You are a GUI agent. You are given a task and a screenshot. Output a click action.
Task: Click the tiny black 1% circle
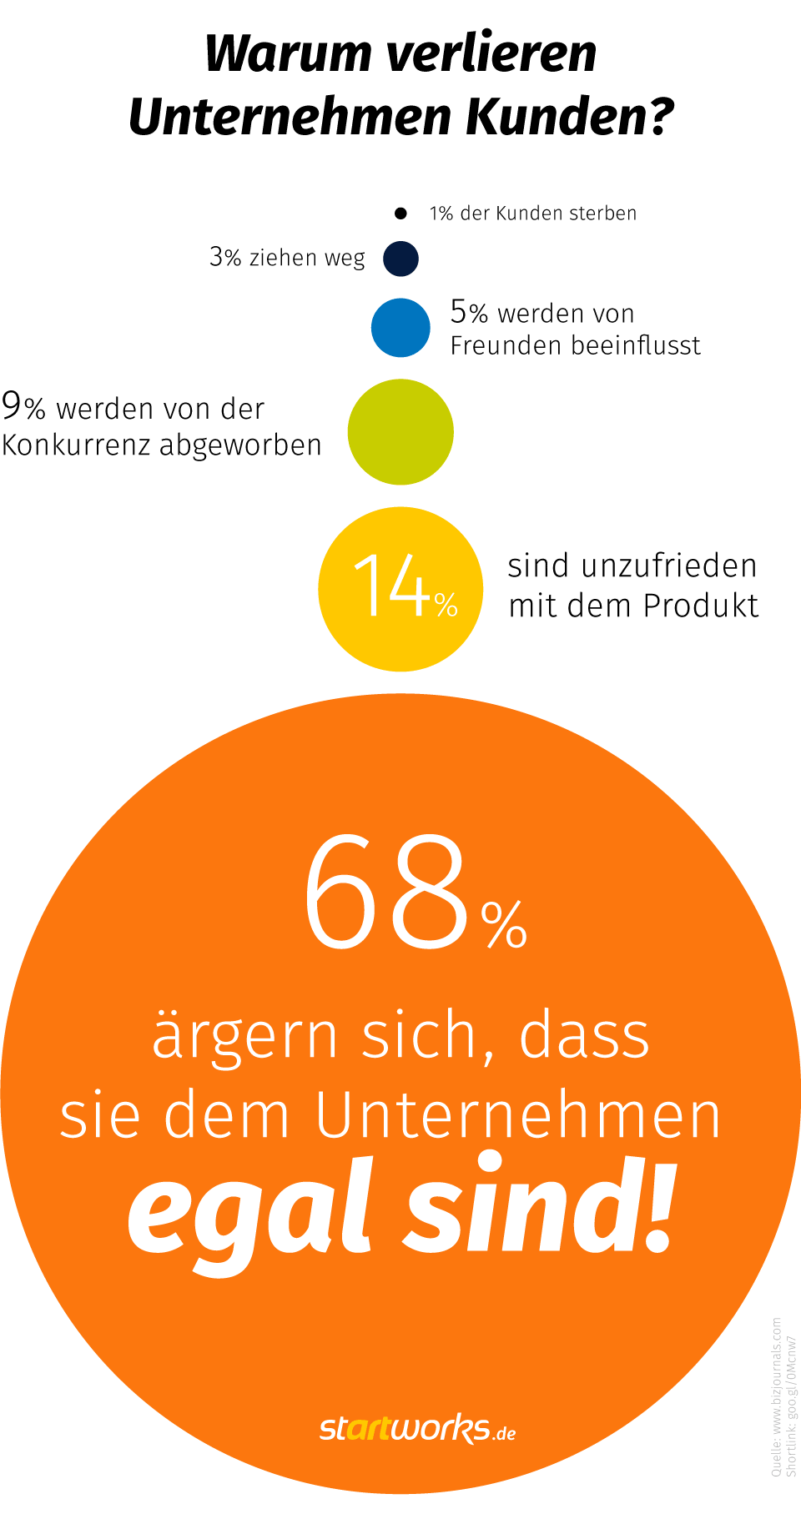point(400,214)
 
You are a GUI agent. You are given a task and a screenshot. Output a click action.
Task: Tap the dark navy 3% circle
point(400,259)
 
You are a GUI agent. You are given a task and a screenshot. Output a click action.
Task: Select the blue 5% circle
point(400,328)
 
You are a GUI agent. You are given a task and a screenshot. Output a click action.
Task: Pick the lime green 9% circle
point(400,432)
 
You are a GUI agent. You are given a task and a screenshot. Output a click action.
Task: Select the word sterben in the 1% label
point(602,214)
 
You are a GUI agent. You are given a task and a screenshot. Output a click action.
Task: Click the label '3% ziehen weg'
point(287,258)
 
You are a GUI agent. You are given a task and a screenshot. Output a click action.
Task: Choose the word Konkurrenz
point(76,445)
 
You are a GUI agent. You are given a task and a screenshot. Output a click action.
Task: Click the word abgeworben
point(240,446)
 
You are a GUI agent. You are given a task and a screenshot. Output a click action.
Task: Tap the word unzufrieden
point(669,566)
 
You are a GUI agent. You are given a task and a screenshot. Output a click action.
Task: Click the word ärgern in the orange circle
point(244,1036)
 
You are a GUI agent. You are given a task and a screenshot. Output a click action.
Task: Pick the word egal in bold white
point(249,1210)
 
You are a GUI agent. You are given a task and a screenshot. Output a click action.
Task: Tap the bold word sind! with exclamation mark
point(538,1205)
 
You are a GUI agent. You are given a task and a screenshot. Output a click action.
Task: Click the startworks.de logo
point(417,1428)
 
